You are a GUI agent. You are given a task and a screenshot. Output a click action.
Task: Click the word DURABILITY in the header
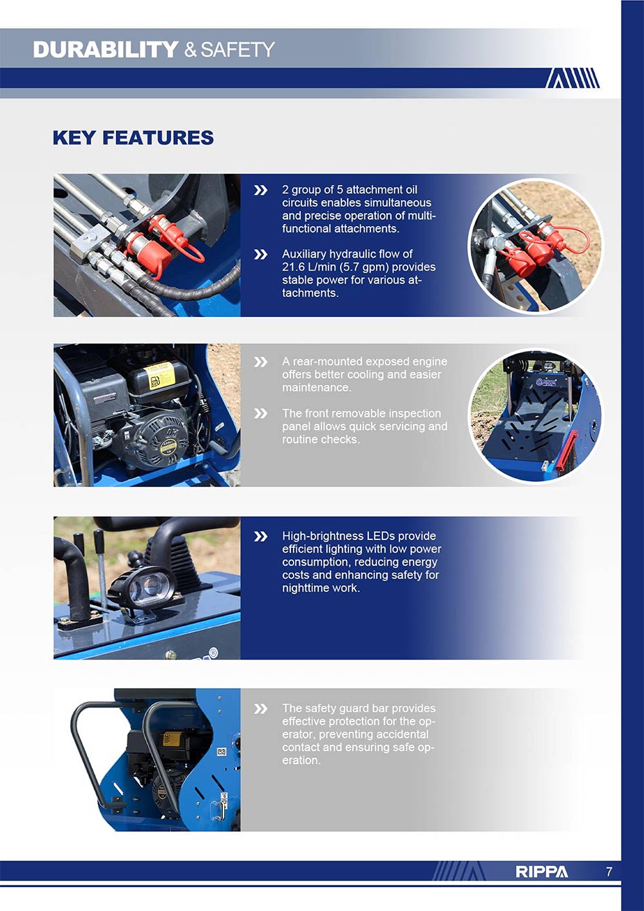pyautogui.click(x=105, y=50)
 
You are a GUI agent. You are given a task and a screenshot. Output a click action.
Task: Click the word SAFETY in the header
pyautogui.click(x=237, y=50)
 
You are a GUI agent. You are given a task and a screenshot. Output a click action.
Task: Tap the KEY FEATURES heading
pyautogui.click(x=133, y=138)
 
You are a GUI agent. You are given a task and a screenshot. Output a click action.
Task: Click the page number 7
pyautogui.click(x=609, y=872)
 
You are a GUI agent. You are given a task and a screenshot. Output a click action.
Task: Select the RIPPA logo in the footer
pyautogui.click(x=541, y=872)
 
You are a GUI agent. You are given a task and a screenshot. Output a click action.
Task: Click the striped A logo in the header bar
pyautogui.click(x=573, y=78)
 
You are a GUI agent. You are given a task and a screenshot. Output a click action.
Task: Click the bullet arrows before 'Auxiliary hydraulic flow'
pyautogui.click(x=260, y=254)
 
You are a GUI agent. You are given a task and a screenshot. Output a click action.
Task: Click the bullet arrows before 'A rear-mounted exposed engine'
pyautogui.click(x=260, y=362)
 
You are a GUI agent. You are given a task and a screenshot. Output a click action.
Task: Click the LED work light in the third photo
pyautogui.click(x=143, y=590)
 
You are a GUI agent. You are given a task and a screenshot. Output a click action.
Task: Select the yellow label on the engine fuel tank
pyautogui.click(x=158, y=376)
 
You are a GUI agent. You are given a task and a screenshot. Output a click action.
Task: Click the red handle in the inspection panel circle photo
pyautogui.click(x=567, y=450)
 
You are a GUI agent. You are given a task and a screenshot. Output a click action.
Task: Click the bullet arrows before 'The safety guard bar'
pyautogui.click(x=260, y=709)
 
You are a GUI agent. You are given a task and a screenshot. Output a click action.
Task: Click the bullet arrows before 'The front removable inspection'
pyautogui.click(x=260, y=414)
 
